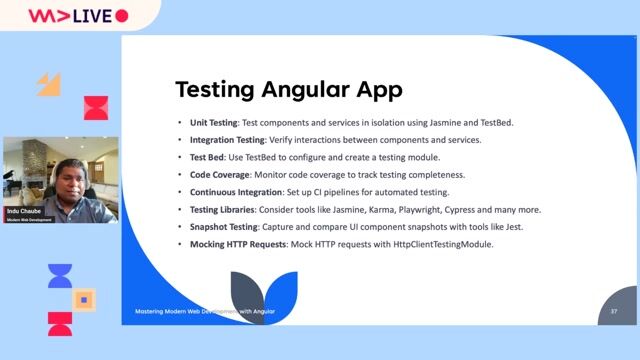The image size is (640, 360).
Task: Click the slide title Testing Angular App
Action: [x=289, y=89]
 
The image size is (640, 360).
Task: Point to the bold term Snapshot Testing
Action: [x=221, y=227]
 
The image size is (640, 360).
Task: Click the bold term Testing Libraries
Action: [x=222, y=210]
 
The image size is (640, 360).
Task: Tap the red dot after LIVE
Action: [x=122, y=16]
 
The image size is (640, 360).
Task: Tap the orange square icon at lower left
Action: [x=85, y=299]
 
